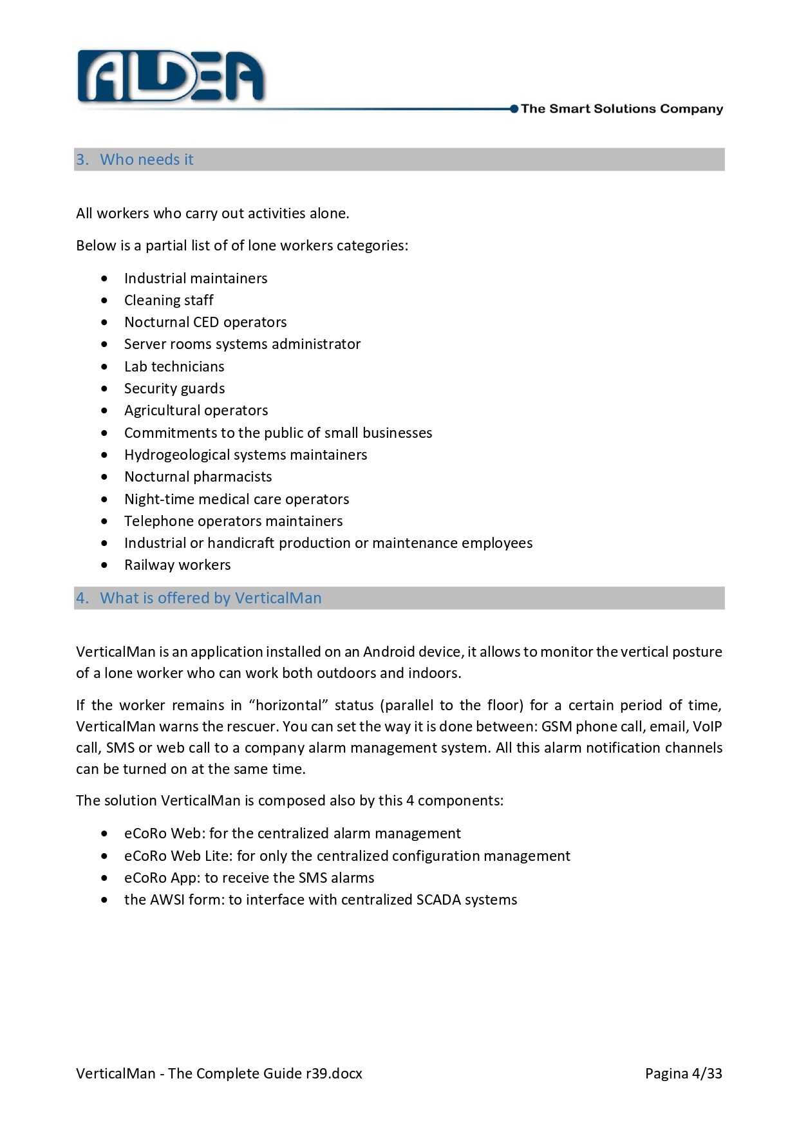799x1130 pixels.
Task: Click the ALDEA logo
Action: click(x=171, y=77)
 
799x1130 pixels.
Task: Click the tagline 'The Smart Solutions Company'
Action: click(x=621, y=109)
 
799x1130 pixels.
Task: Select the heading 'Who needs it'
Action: click(x=147, y=160)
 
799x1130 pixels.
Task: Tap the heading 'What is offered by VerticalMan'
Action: click(x=211, y=598)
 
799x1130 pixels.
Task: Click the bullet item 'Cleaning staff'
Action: click(x=169, y=300)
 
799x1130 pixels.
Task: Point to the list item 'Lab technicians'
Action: click(x=174, y=366)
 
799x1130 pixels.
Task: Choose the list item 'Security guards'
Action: click(x=174, y=388)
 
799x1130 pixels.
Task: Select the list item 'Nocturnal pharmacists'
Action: click(x=198, y=476)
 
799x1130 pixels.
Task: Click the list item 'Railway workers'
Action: click(x=177, y=565)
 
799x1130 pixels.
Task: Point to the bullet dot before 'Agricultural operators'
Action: click(x=105, y=411)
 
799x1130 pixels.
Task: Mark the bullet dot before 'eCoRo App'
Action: click(x=105, y=878)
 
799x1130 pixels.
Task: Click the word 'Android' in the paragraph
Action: click(x=389, y=652)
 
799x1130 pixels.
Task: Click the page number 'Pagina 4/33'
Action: click(x=683, y=1073)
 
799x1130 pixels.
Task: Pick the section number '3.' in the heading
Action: click(x=82, y=160)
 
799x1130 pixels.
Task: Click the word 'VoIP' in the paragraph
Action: click(x=707, y=726)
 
